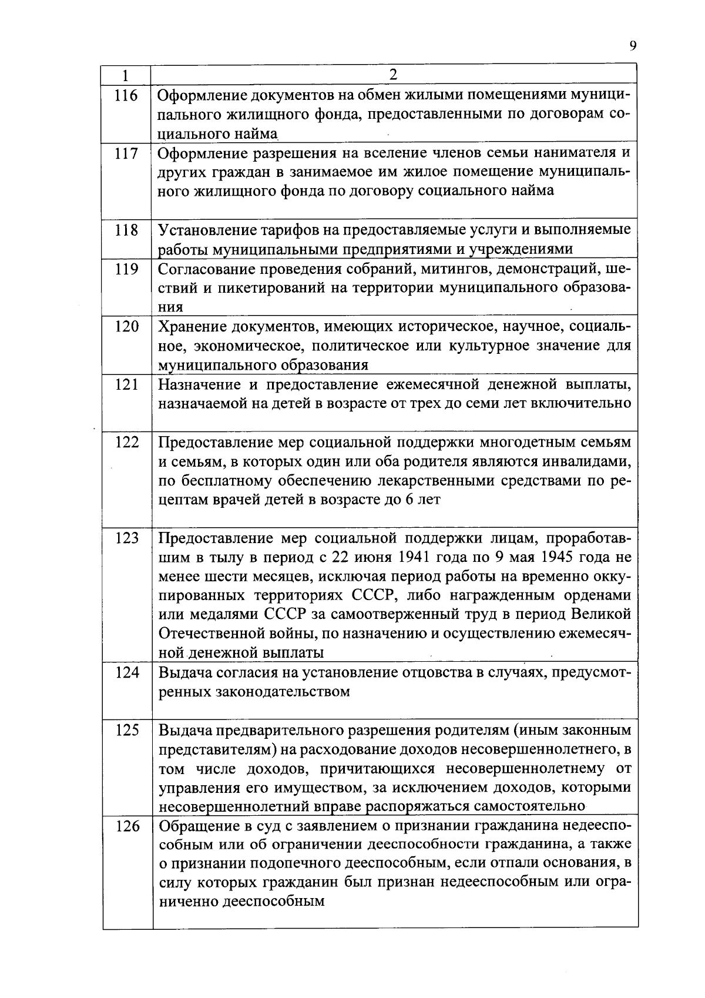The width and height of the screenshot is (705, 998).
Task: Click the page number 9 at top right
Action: pos(633,47)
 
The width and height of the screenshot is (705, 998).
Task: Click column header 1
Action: pos(126,75)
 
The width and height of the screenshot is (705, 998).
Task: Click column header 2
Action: pos(394,74)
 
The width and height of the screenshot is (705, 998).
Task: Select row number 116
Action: pos(126,96)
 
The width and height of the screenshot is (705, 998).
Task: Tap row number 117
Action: pos(126,154)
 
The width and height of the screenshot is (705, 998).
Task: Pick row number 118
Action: pos(126,230)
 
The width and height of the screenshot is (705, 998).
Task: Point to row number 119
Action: pos(126,269)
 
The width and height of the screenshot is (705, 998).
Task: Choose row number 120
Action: pos(126,327)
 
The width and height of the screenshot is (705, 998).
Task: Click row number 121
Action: pos(126,384)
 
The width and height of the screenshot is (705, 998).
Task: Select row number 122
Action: pos(126,442)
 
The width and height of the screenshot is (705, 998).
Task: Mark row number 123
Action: pos(126,538)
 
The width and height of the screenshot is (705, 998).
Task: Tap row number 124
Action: pos(126,672)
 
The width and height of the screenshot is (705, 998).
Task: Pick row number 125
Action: pos(126,730)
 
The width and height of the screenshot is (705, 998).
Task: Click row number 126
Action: pos(126,826)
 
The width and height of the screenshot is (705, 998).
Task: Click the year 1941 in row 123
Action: pos(417,557)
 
